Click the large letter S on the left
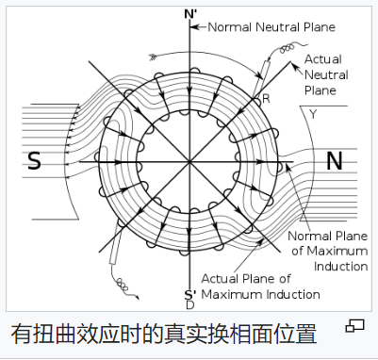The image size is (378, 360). [x=35, y=162]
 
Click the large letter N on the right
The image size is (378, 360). [x=335, y=162]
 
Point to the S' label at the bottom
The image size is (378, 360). [x=189, y=294]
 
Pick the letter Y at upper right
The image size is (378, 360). [x=313, y=114]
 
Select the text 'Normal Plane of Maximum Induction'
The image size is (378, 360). [x=328, y=250]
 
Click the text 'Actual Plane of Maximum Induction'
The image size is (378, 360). [x=261, y=287]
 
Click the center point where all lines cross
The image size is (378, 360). [x=190, y=162]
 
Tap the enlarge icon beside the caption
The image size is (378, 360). [x=355, y=325]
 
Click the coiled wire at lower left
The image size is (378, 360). [x=122, y=282]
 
